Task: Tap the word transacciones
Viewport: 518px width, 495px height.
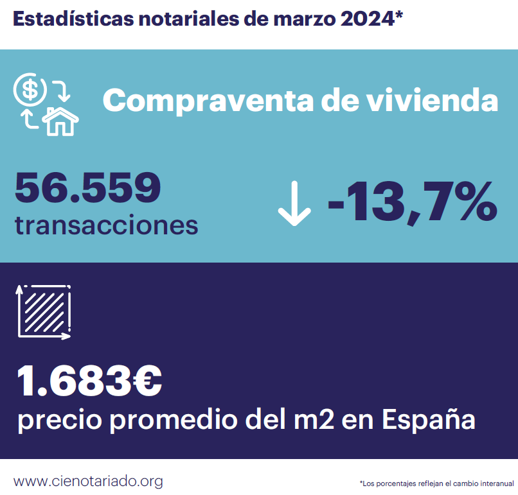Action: (106, 225)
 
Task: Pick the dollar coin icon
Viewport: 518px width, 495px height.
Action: (30, 90)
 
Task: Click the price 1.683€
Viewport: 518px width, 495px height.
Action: (89, 381)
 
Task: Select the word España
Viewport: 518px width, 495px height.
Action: (429, 421)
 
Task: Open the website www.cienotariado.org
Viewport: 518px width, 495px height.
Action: (88, 481)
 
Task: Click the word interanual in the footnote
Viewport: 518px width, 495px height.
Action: (496, 483)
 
